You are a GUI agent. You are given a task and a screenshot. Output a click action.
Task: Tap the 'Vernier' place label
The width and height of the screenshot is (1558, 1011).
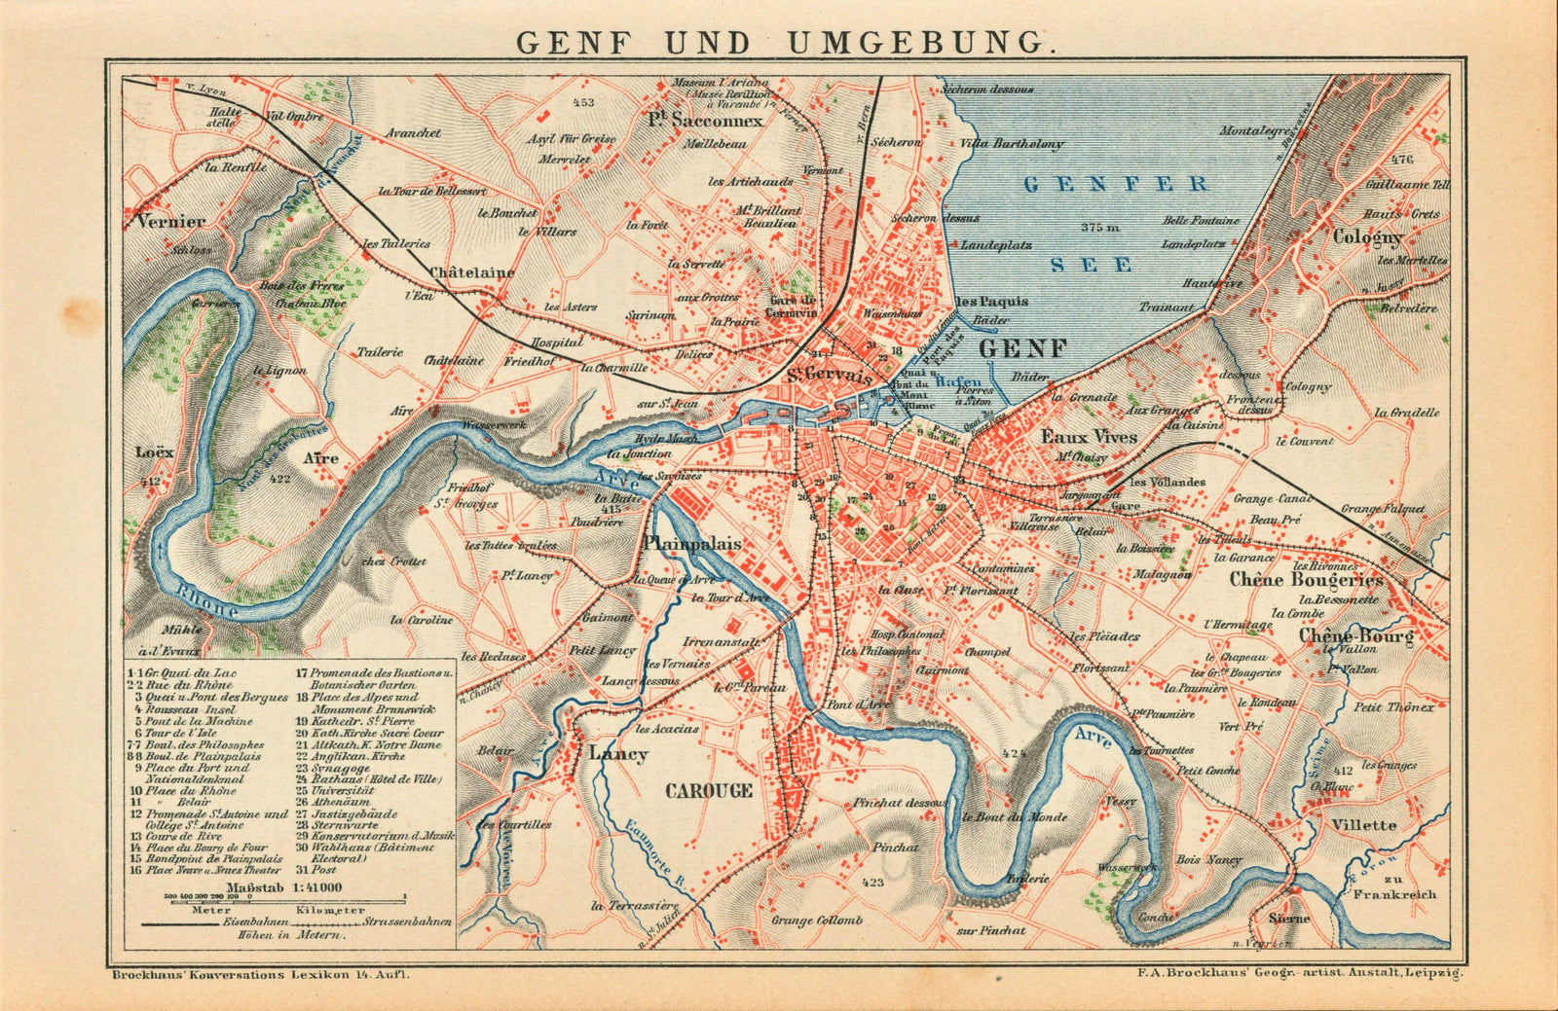[x=171, y=221]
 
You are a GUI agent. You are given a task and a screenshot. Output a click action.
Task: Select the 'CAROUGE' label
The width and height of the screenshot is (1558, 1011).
[x=709, y=790]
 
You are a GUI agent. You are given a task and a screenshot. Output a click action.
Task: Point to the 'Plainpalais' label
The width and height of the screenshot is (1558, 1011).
[x=693, y=544]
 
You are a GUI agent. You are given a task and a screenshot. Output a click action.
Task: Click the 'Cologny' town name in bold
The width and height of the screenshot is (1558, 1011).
[x=1368, y=237]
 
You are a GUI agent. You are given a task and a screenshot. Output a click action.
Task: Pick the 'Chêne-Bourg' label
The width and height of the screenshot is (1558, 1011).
[x=1354, y=635]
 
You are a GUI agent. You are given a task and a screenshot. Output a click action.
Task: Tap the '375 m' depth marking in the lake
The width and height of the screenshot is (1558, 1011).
[x=1101, y=228]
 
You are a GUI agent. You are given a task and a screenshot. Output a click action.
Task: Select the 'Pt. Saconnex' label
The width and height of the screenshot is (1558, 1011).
[x=706, y=122]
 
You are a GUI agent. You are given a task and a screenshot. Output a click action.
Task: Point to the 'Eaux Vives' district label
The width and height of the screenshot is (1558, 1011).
[x=1089, y=437]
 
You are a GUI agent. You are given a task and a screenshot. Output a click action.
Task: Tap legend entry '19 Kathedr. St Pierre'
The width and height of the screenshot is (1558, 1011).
[x=349, y=721]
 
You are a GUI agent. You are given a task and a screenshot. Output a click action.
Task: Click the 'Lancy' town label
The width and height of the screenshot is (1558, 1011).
[x=617, y=754]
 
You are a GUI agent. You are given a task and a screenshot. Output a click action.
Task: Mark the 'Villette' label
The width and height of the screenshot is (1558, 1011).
[x=1364, y=824]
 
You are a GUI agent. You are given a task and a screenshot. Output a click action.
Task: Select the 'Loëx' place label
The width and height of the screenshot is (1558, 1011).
[x=155, y=451]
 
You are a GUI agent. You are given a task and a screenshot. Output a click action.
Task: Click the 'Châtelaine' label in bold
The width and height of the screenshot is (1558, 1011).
[x=471, y=272]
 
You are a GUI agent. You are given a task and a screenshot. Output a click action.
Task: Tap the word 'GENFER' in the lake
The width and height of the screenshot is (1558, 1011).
[x=1116, y=184]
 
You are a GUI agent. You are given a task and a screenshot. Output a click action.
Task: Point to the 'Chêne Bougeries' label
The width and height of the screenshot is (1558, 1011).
[x=1305, y=580]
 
